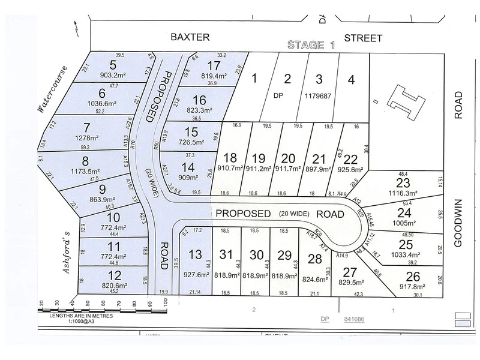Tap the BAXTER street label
190,37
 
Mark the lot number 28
314,259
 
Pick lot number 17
213,65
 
